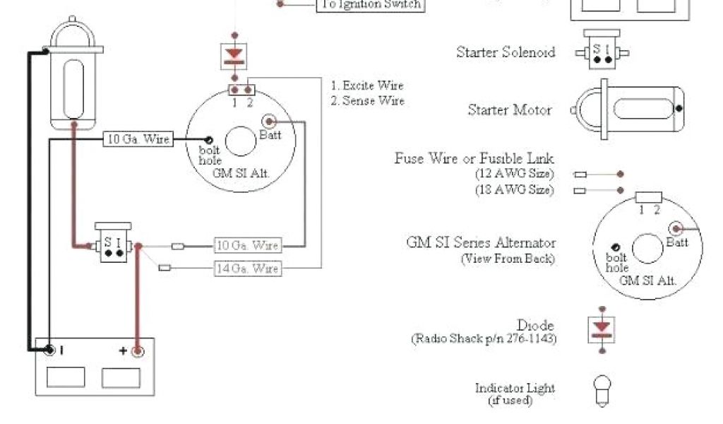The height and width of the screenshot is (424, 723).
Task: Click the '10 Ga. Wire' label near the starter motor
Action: point(138,139)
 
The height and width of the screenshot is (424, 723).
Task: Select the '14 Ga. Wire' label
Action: point(247,268)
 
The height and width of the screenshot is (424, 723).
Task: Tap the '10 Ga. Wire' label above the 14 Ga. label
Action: point(247,246)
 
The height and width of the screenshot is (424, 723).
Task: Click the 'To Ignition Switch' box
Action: point(371,4)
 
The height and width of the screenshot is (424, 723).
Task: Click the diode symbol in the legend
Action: point(602,327)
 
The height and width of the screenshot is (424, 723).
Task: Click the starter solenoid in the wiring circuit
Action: point(113,245)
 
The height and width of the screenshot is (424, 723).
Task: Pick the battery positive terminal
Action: point(138,350)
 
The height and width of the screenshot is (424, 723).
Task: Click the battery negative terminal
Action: point(50,350)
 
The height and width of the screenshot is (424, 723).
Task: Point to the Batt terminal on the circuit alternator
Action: point(269,121)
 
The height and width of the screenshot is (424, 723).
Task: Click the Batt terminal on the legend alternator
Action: point(676,228)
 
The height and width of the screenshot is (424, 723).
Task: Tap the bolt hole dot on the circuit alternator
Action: point(210,139)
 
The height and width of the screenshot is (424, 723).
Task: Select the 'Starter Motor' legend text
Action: point(510,110)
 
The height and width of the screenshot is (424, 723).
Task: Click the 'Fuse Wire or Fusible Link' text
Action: point(474,158)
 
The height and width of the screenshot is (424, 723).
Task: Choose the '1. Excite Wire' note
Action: point(367,86)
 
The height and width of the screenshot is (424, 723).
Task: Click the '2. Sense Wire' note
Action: point(367,101)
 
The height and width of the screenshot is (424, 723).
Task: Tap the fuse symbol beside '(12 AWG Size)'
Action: point(580,174)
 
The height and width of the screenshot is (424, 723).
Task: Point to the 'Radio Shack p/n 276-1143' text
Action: point(484,339)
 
